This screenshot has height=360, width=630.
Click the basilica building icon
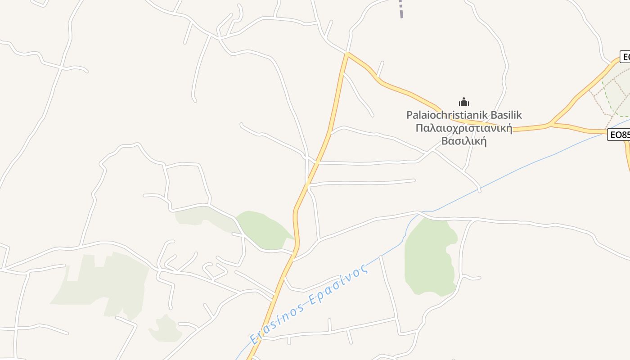464,102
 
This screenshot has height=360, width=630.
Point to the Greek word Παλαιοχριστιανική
464,128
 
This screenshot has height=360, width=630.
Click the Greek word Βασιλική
464,140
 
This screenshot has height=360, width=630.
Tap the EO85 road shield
619,135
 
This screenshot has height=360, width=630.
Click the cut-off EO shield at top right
625,57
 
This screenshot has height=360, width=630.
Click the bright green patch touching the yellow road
265,229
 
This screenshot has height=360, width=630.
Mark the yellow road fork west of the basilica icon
347,54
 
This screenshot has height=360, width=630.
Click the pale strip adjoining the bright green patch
202,217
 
